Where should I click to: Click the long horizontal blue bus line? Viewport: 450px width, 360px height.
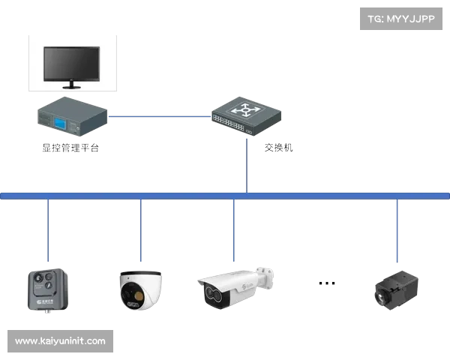pyautogui.click(x=225, y=196)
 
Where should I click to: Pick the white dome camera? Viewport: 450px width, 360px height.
pyautogui.click(x=140, y=290)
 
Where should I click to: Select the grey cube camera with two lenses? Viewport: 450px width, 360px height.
pyautogui.click(x=46, y=289)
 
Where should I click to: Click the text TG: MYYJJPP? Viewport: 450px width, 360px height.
pyautogui.click(x=402, y=19)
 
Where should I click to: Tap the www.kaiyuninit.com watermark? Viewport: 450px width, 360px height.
pyautogui.click(x=60, y=341)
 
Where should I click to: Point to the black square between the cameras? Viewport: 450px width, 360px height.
pyautogui.click(x=326, y=282)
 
